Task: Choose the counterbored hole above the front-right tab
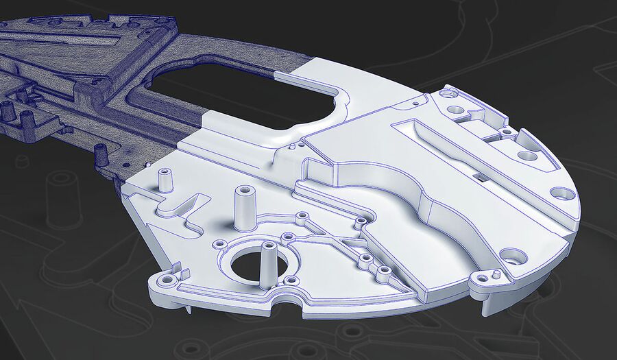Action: pos(513,260)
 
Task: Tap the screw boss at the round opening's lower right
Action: pos(291,280)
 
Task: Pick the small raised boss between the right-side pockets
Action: pos(506,130)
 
